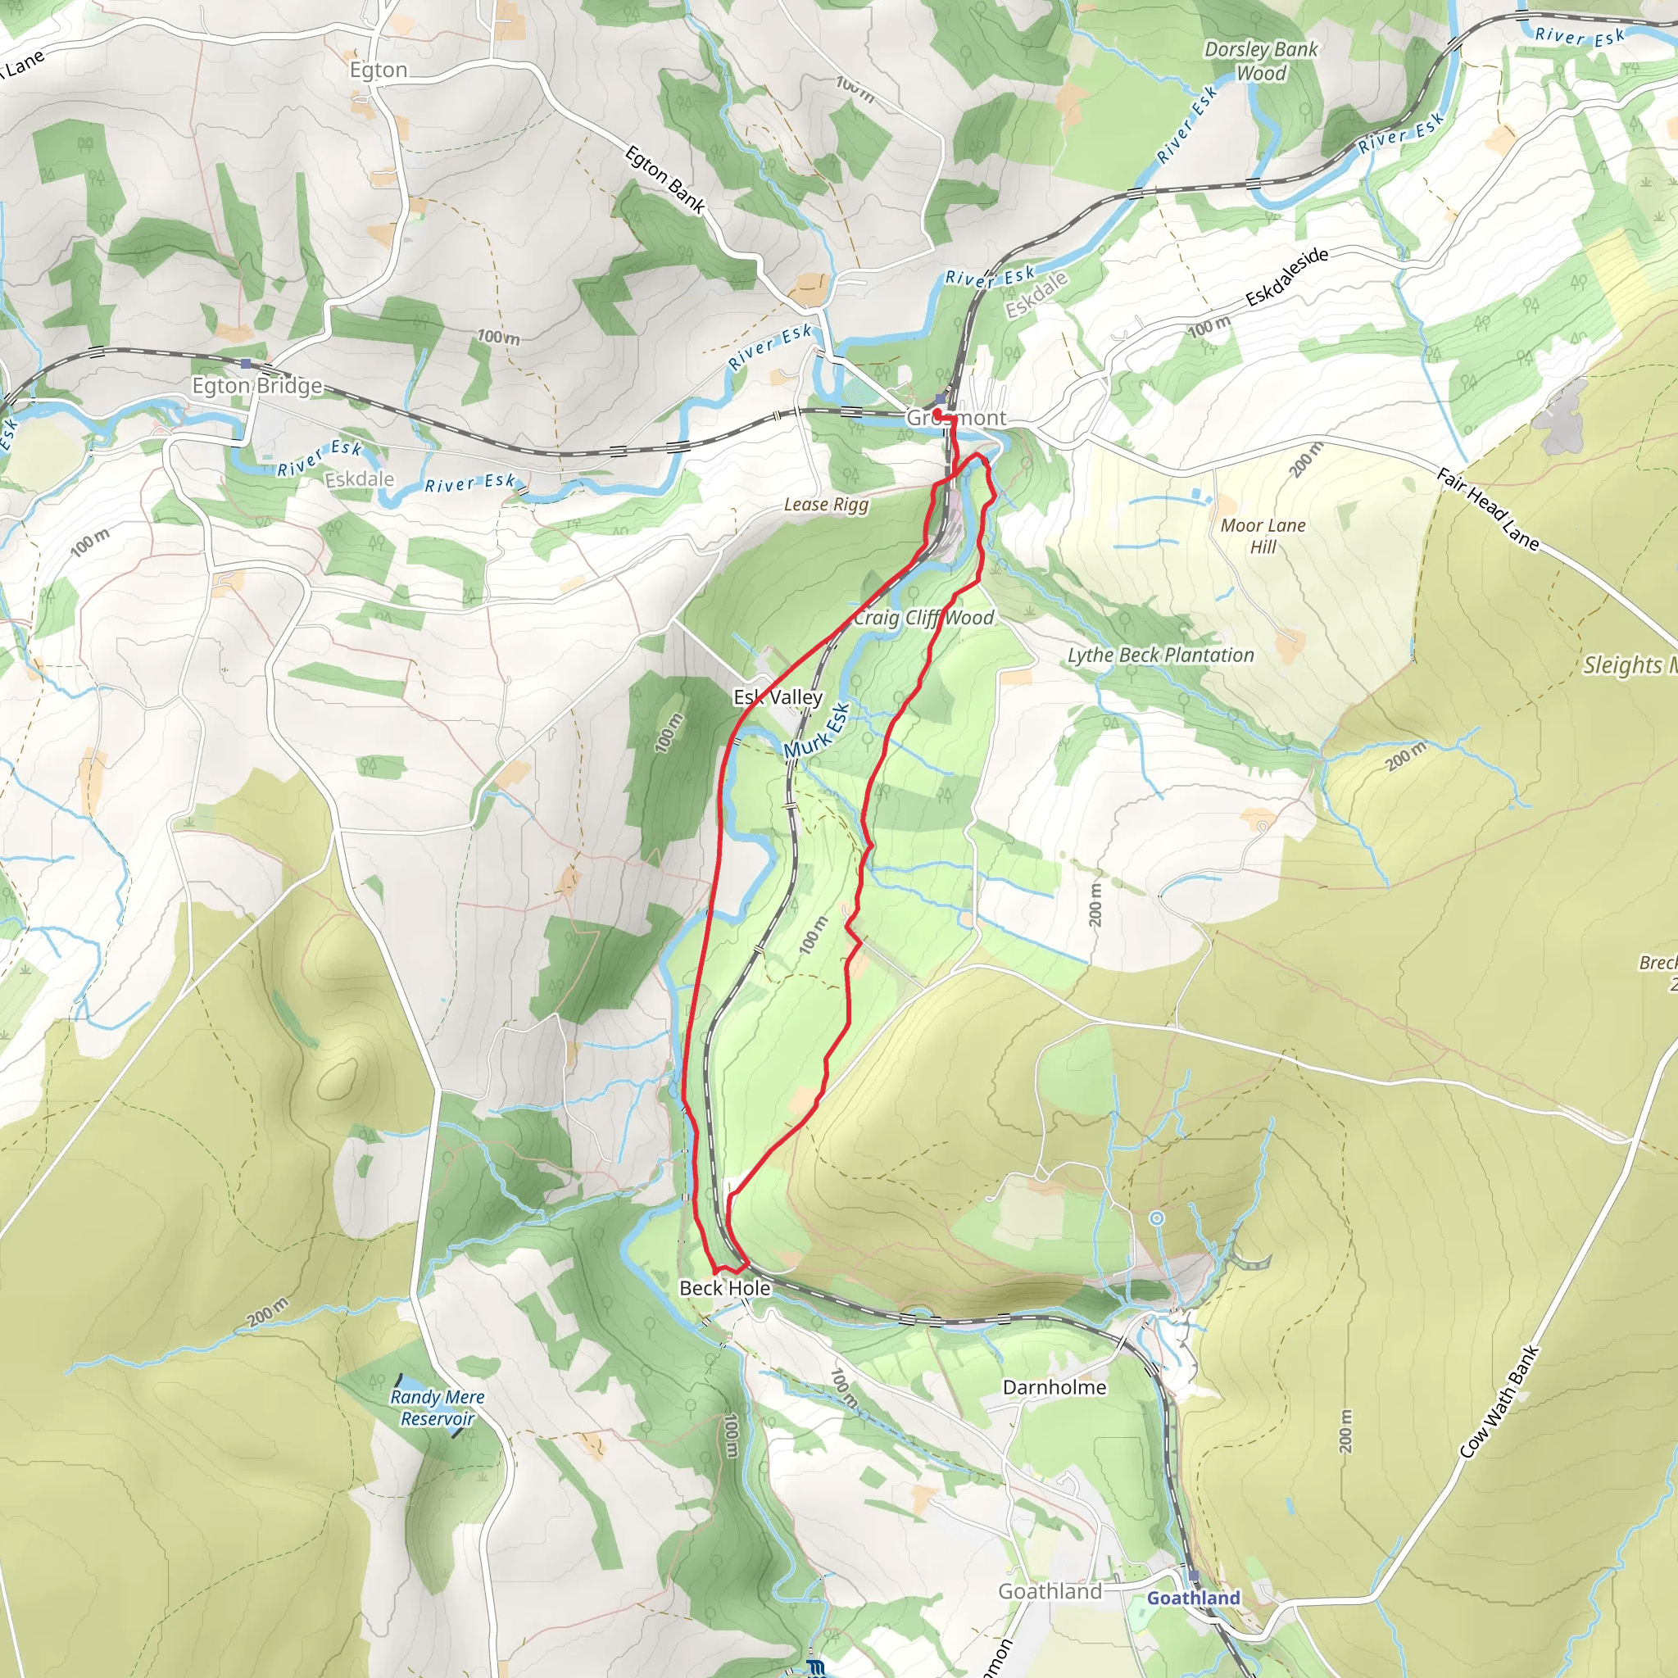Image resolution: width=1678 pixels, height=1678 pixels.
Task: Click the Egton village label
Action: [379, 70]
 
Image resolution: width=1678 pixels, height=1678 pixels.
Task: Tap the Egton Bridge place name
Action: [257, 386]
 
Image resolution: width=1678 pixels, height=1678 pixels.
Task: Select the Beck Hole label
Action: [724, 1288]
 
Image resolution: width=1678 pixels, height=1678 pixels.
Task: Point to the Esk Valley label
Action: [778, 697]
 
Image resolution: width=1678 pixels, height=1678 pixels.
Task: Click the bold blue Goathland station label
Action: [1193, 1598]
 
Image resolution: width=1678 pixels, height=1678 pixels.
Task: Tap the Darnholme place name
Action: [1054, 1387]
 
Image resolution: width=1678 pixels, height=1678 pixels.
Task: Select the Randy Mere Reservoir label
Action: [437, 1408]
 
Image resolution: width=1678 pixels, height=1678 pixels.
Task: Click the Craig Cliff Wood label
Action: [923, 618]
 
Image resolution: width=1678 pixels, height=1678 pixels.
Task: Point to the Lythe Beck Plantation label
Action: [1160, 655]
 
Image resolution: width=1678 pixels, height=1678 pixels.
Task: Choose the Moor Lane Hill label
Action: [1263, 536]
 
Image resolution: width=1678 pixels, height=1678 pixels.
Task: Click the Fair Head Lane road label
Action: [1487, 510]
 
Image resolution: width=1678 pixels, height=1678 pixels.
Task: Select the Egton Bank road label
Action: [664, 180]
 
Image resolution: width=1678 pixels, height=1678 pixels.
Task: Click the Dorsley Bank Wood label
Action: [1261, 61]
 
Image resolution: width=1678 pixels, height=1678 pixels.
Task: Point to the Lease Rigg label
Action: [826, 505]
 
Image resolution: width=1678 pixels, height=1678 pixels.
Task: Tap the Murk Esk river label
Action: [816, 732]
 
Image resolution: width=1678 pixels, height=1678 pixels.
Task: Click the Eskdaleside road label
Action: [1286, 278]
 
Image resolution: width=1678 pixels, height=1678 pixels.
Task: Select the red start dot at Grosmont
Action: [938, 414]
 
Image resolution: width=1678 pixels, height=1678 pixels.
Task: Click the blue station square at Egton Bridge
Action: [247, 364]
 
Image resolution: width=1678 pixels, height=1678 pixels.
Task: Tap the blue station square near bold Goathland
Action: [1192, 1576]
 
